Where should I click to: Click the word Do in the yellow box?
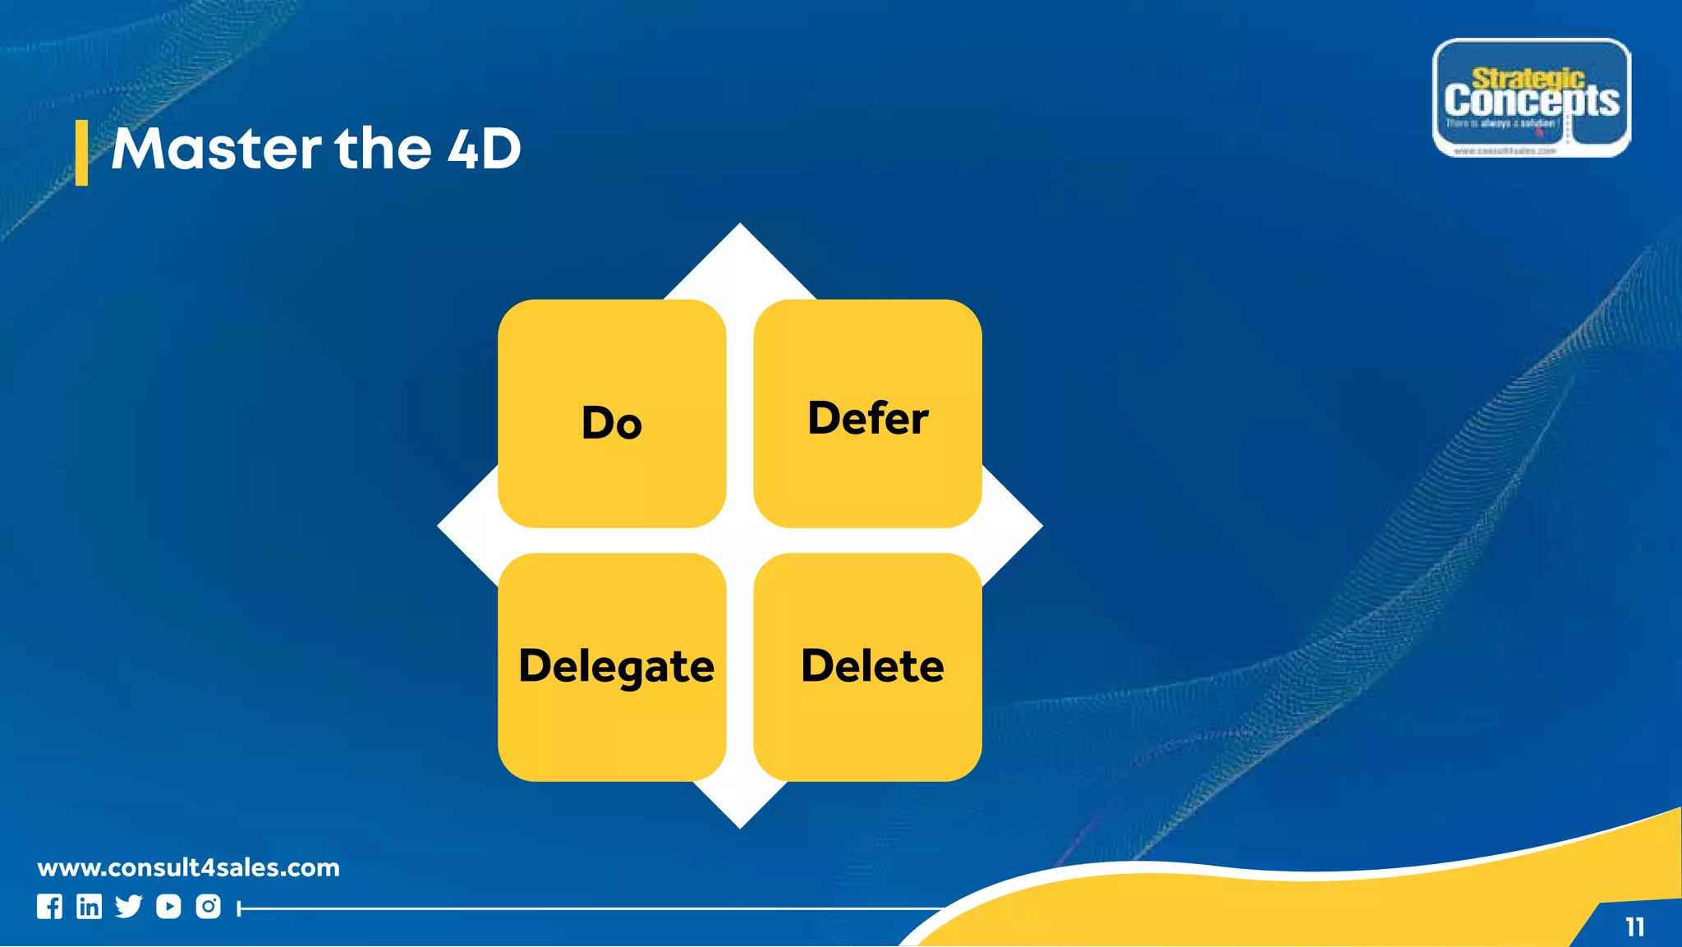pos(612,423)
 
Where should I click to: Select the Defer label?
pos(868,418)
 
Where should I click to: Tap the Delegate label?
pos(616,666)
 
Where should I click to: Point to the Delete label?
pos(872,665)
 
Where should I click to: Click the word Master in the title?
pos(216,149)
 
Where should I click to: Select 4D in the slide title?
pos(485,149)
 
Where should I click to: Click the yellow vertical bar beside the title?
pos(81,153)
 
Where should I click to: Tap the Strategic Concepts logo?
pos(1532,98)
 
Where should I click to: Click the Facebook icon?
pos(49,907)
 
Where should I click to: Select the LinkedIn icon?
pos(89,907)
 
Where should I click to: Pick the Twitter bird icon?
pos(128,907)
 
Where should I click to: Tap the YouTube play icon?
pos(168,907)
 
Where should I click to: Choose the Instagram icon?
pos(209,907)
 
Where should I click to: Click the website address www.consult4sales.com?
pos(188,868)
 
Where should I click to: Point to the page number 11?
pos(1634,927)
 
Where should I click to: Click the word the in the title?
pos(383,149)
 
